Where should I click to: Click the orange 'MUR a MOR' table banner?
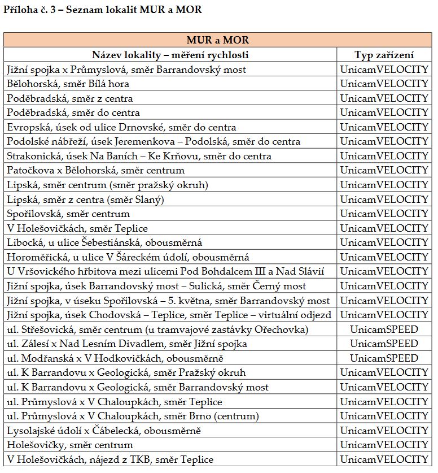[x=218, y=40]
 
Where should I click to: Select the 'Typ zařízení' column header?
[x=384, y=55]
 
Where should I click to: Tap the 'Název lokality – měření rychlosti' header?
[x=170, y=55]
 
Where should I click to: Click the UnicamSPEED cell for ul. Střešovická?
[x=384, y=329]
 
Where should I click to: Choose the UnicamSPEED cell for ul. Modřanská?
[x=384, y=358]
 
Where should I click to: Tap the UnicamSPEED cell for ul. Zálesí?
[x=384, y=344]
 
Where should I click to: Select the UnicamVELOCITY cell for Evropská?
[x=384, y=127]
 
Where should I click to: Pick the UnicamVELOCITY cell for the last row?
[x=384, y=459]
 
